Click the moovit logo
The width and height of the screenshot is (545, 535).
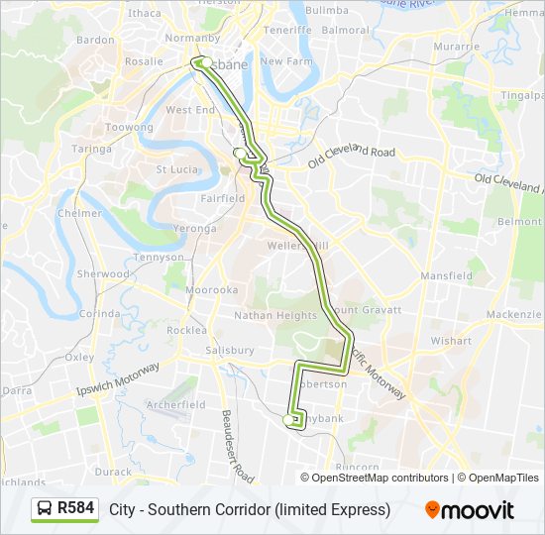pyautogui.click(x=470, y=510)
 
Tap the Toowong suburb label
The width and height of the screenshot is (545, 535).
pyautogui.click(x=130, y=128)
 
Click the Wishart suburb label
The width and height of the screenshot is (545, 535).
pyautogui.click(x=451, y=340)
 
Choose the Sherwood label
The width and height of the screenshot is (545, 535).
pyautogui.click(x=103, y=273)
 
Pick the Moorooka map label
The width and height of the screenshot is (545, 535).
pyautogui.click(x=212, y=290)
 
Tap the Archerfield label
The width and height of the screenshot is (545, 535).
pyautogui.click(x=175, y=404)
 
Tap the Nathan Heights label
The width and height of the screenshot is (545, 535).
pyautogui.click(x=274, y=315)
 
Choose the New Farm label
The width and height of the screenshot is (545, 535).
pyautogui.click(x=286, y=60)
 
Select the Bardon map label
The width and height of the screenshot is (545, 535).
pyautogui.click(x=95, y=40)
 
